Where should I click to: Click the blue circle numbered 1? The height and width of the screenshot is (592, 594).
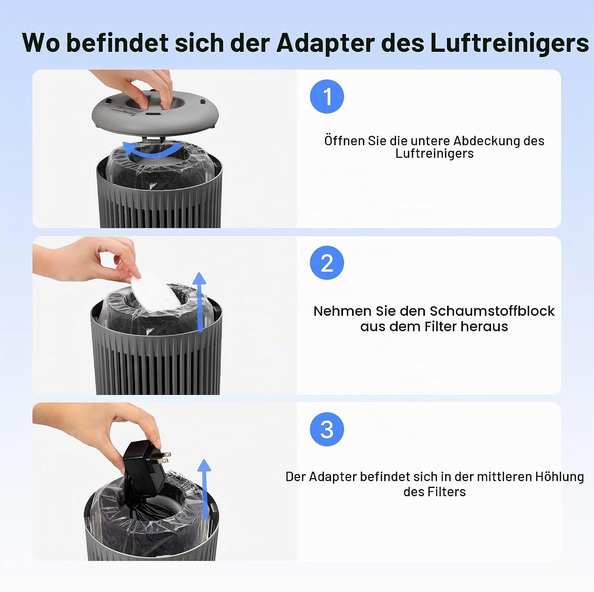pyautogui.click(x=327, y=97)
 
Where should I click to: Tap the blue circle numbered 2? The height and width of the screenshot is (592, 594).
pyautogui.click(x=327, y=263)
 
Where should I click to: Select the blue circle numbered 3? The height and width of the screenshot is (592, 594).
pyautogui.click(x=327, y=429)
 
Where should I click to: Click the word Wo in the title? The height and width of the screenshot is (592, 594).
pyautogui.click(x=41, y=42)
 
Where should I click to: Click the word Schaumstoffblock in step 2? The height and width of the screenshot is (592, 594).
pyautogui.click(x=492, y=311)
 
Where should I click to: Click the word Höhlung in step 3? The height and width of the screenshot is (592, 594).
pyautogui.click(x=560, y=477)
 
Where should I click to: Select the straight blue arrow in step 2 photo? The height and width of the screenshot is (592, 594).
pyautogui.click(x=200, y=302)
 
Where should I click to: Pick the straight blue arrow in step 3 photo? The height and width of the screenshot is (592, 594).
pyautogui.click(x=204, y=489)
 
